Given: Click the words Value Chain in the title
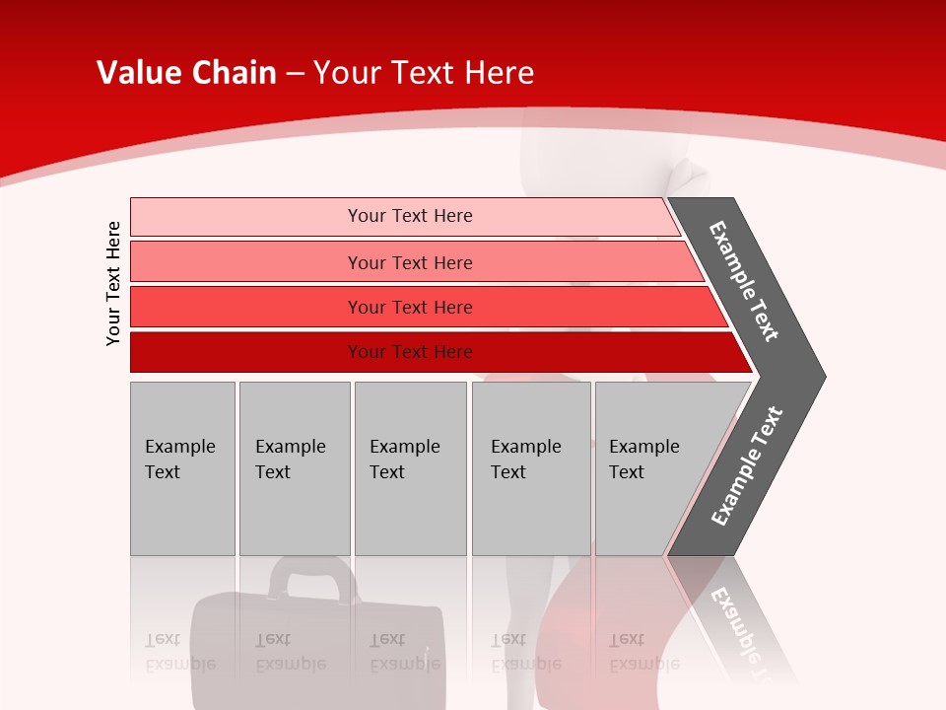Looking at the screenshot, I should coord(186,73).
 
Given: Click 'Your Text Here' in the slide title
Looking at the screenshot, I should coord(424,73).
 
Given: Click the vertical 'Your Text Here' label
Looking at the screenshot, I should coord(113,283).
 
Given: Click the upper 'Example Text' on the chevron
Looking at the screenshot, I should coord(744,281).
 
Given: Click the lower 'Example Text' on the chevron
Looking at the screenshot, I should coord(746,466).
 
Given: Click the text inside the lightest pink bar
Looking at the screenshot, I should coord(410,216).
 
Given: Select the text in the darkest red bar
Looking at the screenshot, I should coord(410,352).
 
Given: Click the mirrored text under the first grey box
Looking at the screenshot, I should coord(179,652).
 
